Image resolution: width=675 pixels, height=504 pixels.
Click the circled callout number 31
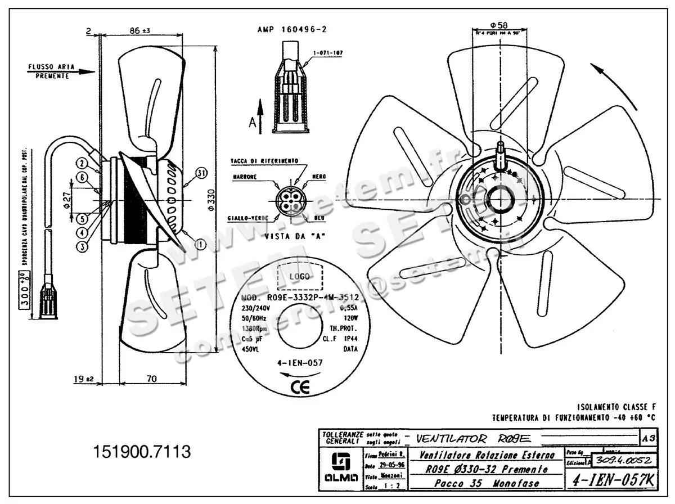point(202,172)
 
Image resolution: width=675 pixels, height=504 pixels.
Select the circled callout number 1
point(200,244)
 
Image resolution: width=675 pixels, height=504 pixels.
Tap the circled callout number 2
point(82,163)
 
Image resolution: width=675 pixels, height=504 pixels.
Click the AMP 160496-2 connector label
point(292,29)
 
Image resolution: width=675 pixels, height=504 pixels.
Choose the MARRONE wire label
point(245,177)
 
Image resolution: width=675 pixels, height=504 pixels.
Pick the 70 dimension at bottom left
point(152,379)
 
